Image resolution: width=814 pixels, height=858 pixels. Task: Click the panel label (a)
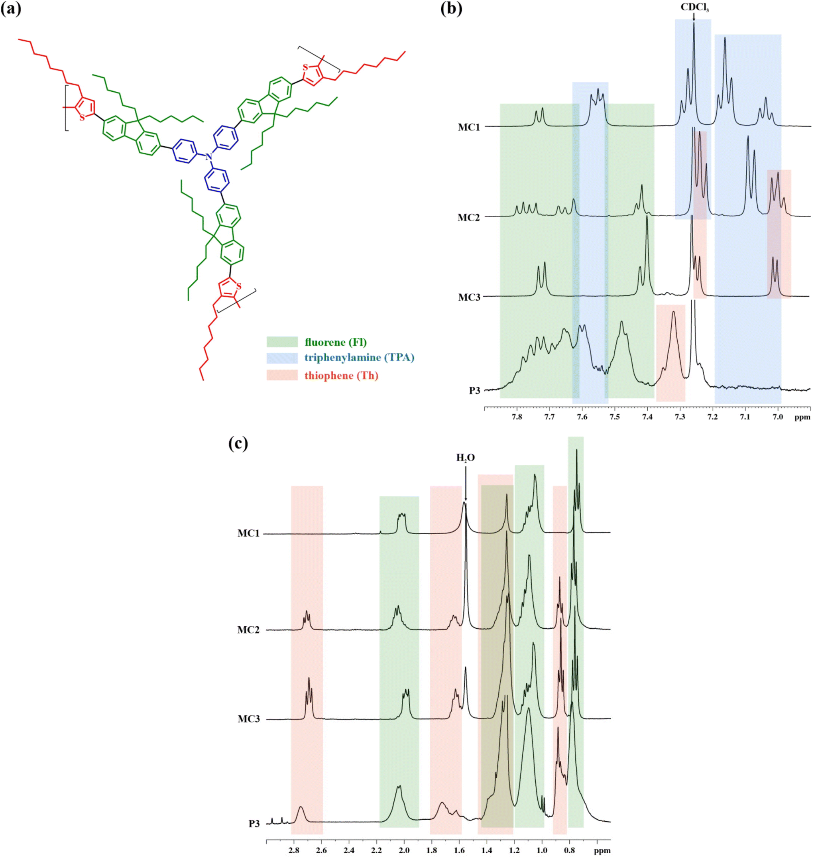[x=11, y=9]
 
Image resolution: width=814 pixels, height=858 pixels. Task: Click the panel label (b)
[x=451, y=9]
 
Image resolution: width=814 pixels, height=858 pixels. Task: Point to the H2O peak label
[x=465, y=457]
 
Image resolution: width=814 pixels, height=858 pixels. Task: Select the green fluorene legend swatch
[x=282, y=342]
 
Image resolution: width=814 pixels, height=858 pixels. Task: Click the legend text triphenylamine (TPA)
[x=359, y=358]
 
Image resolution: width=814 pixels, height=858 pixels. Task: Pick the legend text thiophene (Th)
[x=342, y=376]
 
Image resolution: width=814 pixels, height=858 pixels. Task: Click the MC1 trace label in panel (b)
[x=469, y=127]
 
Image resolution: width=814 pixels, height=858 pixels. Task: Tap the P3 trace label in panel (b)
[x=474, y=391]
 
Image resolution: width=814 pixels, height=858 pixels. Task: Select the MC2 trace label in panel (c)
[x=248, y=630]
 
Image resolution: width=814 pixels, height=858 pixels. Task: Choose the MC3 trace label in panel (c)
[x=249, y=719]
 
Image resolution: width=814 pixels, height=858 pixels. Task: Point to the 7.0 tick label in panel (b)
[x=778, y=417]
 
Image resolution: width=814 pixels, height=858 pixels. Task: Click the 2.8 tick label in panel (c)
[x=294, y=850]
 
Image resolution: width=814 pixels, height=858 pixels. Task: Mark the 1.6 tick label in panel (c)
[x=459, y=850]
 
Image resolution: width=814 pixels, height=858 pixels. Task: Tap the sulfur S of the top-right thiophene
[x=305, y=67]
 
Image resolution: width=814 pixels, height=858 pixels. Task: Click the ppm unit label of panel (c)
[x=602, y=850]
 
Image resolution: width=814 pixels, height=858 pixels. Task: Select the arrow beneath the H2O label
[x=466, y=482]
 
